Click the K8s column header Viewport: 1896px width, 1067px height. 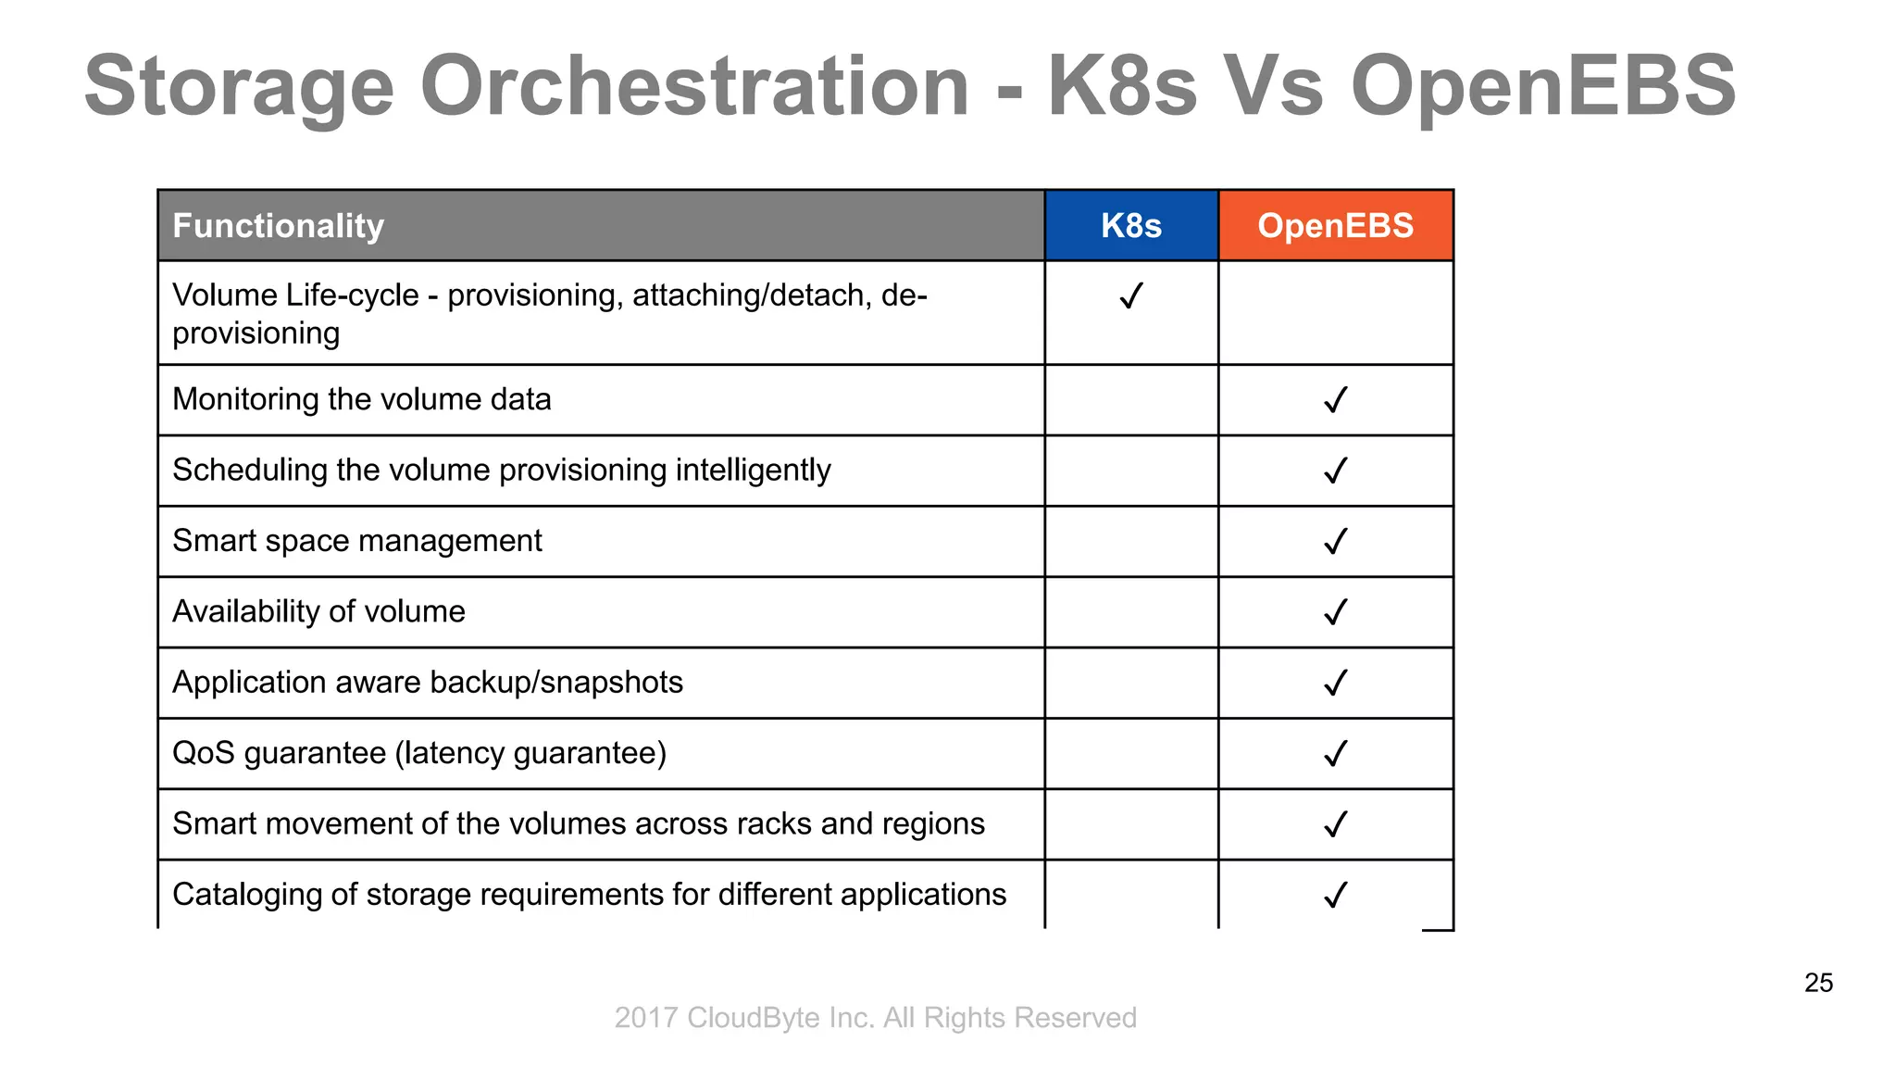[1130, 225]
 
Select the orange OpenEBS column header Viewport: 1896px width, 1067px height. [1335, 225]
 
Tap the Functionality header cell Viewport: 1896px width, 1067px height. [278, 225]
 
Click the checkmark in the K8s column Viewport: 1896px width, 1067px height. [1130, 296]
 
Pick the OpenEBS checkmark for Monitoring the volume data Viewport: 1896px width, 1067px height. [1335, 400]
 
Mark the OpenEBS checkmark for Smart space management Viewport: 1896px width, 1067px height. [1335, 541]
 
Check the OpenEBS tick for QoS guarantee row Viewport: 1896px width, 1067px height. [1335, 753]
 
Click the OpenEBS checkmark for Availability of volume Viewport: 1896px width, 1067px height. [1335, 612]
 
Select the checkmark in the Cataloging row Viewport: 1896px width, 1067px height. [1335, 895]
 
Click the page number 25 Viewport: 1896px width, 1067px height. [1818, 983]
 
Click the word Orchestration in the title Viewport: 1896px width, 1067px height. [693, 85]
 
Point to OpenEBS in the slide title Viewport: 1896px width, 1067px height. [1542, 85]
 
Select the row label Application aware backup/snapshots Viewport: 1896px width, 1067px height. [428, 683]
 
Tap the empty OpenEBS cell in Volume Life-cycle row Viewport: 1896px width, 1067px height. [1335, 313]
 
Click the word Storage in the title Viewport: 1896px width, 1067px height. [239, 85]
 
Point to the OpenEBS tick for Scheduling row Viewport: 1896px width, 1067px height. [1335, 471]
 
